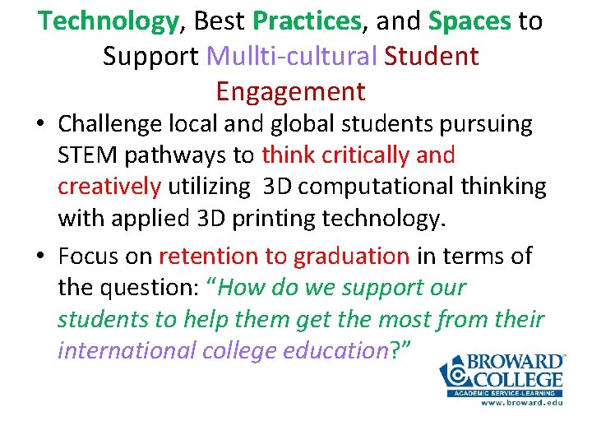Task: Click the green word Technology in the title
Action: point(107,21)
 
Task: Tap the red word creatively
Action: point(109,187)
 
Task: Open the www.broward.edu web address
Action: point(521,403)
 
